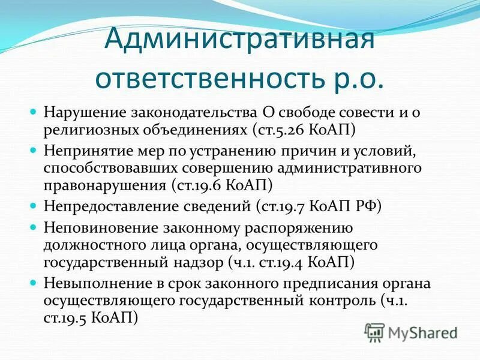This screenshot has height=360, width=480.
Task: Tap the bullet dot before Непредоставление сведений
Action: point(34,206)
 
